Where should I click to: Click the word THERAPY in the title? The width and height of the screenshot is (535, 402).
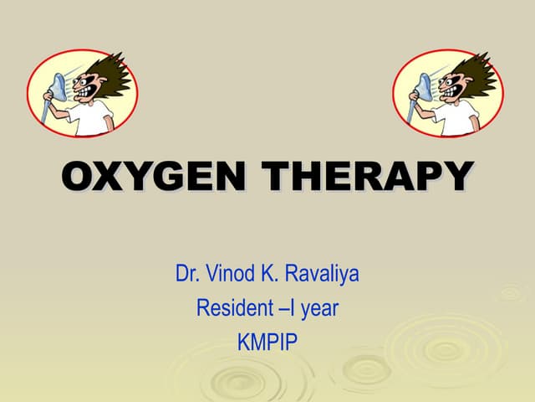click(x=366, y=178)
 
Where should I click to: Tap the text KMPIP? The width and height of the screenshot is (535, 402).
click(x=267, y=342)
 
